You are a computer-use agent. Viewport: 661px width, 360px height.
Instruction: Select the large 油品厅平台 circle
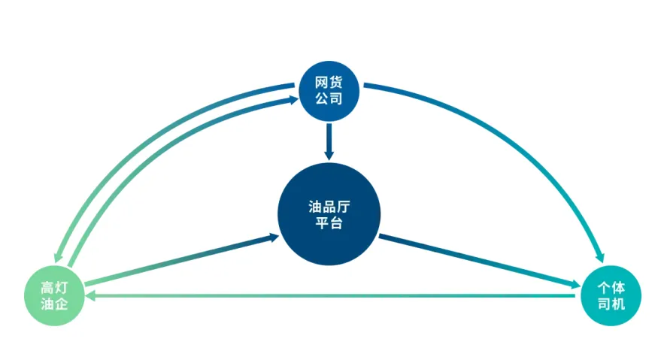point(329,214)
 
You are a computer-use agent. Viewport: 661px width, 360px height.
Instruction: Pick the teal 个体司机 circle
point(611,295)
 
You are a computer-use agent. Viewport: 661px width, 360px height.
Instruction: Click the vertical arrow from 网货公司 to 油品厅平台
point(329,139)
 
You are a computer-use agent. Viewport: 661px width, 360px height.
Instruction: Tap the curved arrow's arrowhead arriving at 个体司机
point(600,256)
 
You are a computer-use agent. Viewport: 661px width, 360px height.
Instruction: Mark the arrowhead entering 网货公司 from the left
point(291,98)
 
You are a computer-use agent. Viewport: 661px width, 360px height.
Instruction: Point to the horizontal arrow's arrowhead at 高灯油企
point(90,296)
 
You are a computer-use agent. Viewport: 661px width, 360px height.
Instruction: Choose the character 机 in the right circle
point(619,304)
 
